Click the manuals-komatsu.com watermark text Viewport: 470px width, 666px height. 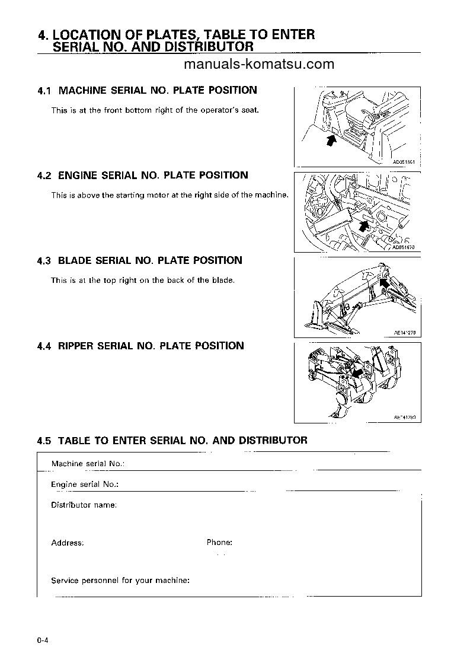259,64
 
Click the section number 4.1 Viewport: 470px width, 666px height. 44,91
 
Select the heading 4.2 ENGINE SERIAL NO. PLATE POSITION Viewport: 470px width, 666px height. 142,176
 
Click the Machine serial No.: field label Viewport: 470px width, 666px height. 90,464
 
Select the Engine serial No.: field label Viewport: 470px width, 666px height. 85,485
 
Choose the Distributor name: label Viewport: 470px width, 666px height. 84,505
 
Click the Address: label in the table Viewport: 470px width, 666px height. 67,543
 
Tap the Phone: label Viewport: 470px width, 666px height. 219,543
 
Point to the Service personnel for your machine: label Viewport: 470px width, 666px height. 120,581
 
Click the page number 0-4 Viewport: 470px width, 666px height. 41,640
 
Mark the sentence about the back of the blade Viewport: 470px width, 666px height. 143,281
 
